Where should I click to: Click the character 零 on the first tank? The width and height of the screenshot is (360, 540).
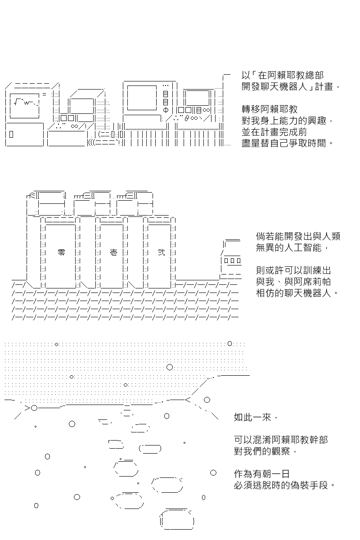pyautogui.click(x=62, y=252)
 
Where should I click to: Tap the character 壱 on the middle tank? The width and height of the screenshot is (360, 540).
pyautogui.click(x=113, y=252)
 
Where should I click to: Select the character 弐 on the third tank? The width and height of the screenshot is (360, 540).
pyautogui.click(x=161, y=252)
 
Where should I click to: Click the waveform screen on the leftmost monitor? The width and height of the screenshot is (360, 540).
pyautogui.click(x=25, y=106)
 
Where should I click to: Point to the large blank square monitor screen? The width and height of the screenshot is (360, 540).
pyautogui.click(x=142, y=98)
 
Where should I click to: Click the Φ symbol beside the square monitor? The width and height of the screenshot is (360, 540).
pyautogui.click(x=166, y=110)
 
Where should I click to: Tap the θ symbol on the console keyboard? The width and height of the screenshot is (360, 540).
pyautogui.click(x=187, y=119)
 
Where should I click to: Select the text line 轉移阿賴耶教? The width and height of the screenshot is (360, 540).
pyautogui.click(x=270, y=109)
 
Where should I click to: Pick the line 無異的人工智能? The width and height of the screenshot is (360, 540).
pyautogui.click(x=288, y=247)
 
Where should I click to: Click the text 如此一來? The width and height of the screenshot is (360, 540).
pyautogui.click(x=252, y=418)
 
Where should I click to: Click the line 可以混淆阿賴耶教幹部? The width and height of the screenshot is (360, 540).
pyautogui.click(x=281, y=440)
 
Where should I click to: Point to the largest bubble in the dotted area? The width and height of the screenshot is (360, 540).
pyautogui.click(x=170, y=367)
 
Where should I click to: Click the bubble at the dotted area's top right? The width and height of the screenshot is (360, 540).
pyautogui.click(x=230, y=343)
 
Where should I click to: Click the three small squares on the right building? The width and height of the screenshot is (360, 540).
pyautogui.click(x=233, y=261)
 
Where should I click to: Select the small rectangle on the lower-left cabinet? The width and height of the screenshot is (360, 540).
pyautogui.click(x=11, y=134)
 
